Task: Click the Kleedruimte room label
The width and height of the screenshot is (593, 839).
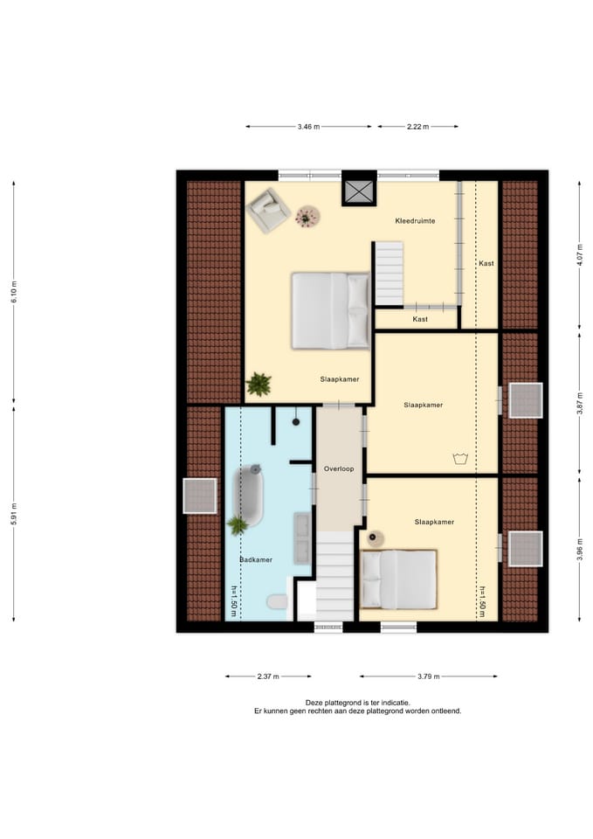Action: [415, 220]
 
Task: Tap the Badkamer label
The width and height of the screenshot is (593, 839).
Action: [256, 559]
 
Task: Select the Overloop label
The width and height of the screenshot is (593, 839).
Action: [339, 468]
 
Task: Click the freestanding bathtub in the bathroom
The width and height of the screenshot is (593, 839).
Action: [250, 496]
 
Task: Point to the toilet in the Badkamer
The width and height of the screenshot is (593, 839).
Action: [277, 602]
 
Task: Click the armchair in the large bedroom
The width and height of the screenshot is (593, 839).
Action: [268, 211]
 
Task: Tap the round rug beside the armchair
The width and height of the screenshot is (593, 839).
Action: [307, 217]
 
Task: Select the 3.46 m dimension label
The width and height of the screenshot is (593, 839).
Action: [308, 127]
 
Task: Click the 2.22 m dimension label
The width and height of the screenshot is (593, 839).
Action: [417, 127]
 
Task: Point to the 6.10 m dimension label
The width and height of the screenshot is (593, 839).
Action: [15, 292]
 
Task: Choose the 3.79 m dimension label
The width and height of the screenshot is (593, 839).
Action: [428, 676]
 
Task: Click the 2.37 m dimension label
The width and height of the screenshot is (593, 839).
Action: [268, 676]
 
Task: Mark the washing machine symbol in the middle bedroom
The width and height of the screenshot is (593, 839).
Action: [460, 458]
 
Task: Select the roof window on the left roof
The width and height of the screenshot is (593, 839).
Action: [200, 496]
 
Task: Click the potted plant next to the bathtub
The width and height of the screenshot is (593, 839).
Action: [237, 525]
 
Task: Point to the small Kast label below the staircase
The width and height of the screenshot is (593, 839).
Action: [420, 319]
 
